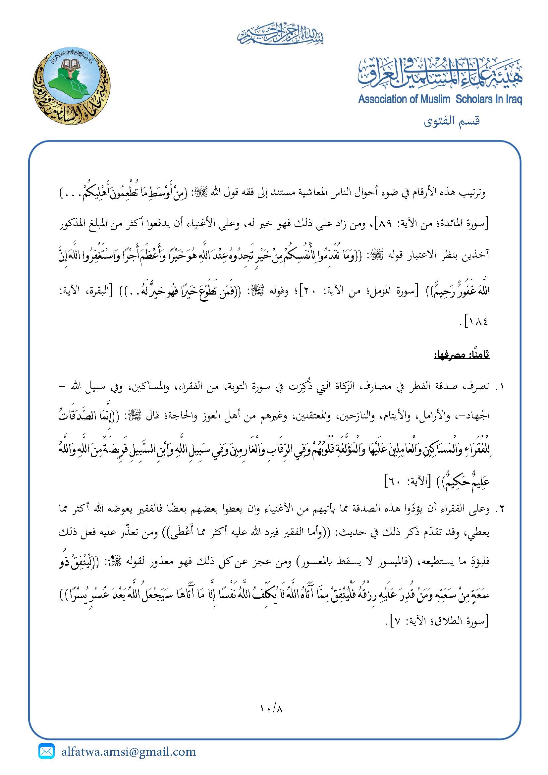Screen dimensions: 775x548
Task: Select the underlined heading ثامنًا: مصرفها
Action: click(x=461, y=355)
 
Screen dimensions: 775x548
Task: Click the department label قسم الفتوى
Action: click(x=452, y=121)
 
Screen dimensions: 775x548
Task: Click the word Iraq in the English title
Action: click(x=513, y=99)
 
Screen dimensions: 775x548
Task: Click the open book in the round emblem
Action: click(x=71, y=64)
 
